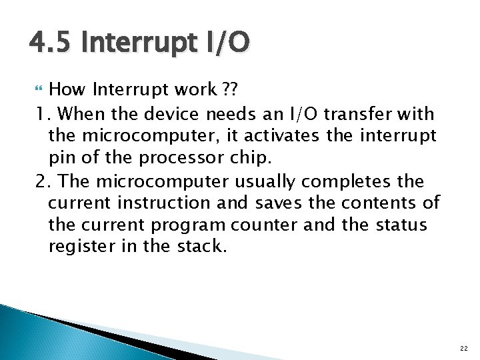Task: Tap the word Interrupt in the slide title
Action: tap(135, 44)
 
